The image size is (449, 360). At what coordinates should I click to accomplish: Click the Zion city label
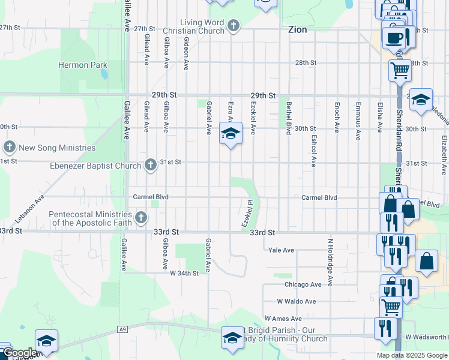coord(298,28)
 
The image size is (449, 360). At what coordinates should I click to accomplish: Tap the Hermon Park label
coord(83,65)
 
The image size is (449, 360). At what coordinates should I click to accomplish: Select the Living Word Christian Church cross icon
coord(234,26)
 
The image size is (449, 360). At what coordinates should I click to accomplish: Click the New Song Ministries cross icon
coord(9,147)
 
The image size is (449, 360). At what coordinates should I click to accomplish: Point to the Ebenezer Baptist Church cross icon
coord(151,165)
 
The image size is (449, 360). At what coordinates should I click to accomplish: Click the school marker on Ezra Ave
coord(230,134)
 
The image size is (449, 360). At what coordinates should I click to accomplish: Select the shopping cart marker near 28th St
coord(400,70)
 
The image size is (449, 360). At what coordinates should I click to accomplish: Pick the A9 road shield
coord(122,329)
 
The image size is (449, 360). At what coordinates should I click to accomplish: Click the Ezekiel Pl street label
coord(247,214)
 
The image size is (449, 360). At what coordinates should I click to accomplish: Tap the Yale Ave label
coord(281,250)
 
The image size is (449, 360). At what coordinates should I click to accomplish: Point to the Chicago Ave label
coord(303,284)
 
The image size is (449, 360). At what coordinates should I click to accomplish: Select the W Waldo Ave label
coord(296,301)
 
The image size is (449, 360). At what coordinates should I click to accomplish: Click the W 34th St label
coord(184,273)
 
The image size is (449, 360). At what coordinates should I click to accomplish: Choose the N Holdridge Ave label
coord(330,262)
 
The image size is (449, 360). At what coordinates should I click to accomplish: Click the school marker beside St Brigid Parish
coord(232,338)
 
